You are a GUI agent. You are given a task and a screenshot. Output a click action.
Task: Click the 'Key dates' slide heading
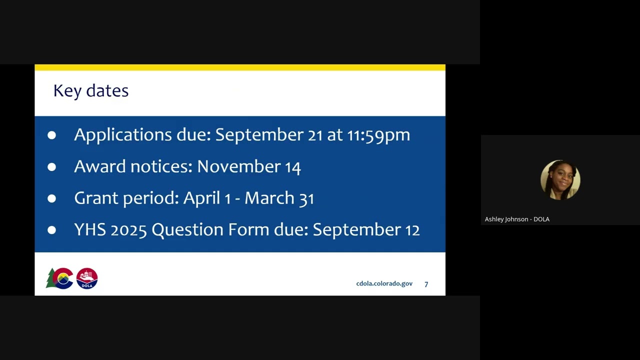coord(90,91)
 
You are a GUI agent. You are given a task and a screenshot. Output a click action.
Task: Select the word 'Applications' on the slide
coord(123,135)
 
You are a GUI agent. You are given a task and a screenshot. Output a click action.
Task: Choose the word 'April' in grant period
coord(201,198)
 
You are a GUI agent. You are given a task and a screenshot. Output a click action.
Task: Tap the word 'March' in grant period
coord(269,198)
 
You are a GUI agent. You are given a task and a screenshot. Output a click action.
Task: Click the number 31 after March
coord(306,198)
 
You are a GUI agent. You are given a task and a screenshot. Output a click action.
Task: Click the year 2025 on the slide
coord(128,229)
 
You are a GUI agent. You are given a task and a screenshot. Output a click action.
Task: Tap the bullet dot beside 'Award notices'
coord(52,167)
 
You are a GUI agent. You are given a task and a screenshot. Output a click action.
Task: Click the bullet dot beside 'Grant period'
coord(52,198)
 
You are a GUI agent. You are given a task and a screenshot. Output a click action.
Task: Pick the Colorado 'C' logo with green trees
coord(60,278)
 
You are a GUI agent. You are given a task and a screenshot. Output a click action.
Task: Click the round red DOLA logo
coord(87,278)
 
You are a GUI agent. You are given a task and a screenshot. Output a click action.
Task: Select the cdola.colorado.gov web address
coord(384,283)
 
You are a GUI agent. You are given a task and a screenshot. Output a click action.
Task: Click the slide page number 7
coord(426,284)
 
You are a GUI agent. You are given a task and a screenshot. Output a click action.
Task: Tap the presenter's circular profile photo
coord(560,180)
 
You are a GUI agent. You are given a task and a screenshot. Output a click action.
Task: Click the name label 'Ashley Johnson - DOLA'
coord(517,219)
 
